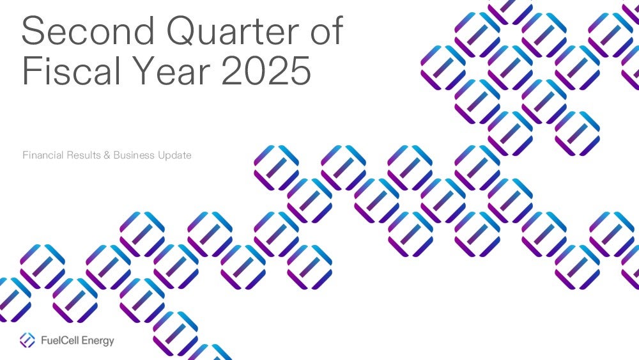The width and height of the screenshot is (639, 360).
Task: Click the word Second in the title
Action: [88, 30]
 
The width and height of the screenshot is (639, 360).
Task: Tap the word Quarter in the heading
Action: [233, 31]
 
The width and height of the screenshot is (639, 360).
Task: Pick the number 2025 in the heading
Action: [266, 70]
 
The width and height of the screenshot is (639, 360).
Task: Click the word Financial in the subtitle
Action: [43, 155]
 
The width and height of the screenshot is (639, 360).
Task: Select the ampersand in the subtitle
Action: [107, 155]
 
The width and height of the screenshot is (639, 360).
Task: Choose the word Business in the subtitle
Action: [134, 155]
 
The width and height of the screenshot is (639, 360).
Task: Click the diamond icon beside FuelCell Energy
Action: [27, 340]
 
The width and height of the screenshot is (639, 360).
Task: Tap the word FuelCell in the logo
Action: [59, 340]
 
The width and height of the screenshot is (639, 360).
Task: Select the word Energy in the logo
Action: [98, 341]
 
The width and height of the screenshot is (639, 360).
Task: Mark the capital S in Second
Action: [33, 30]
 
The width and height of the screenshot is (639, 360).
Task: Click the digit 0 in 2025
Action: [256, 70]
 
